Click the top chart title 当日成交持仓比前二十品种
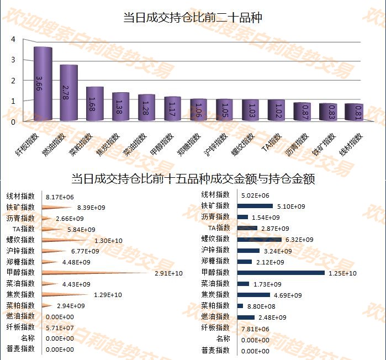click(193, 18)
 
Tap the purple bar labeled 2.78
click(69, 92)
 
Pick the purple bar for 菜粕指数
click(95, 103)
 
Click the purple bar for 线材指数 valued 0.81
click(353, 112)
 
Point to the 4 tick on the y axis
click(13, 39)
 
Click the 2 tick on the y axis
click(13, 81)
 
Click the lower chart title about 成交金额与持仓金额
click(193, 180)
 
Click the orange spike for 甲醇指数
click(94, 273)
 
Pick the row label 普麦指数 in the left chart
click(20, 349)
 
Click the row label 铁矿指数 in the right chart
click(215, 206)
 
